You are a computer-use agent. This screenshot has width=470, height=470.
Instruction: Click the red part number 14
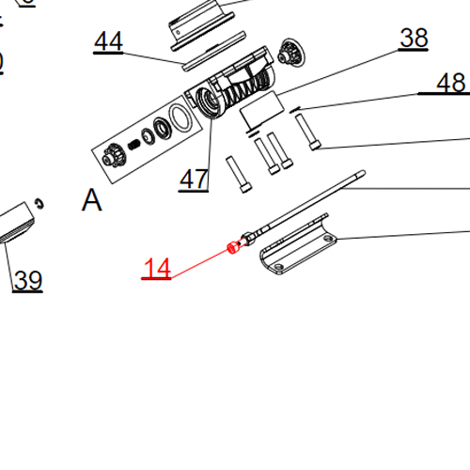point(156,269)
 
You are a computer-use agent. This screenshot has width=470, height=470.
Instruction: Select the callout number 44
point(108,42)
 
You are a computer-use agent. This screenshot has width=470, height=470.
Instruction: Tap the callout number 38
point(414,39)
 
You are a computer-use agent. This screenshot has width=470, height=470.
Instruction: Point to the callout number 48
point(451,84)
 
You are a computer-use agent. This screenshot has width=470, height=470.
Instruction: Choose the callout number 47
point(194,179)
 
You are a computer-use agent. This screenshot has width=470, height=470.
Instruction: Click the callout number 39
point(27,280)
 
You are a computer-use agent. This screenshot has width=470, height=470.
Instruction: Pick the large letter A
point(91,200)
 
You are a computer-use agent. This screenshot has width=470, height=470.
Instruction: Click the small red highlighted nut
point(232,248)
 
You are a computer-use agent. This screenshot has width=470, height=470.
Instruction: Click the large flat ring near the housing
point(176,120)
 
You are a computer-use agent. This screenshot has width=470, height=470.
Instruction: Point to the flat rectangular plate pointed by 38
point(262,110)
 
